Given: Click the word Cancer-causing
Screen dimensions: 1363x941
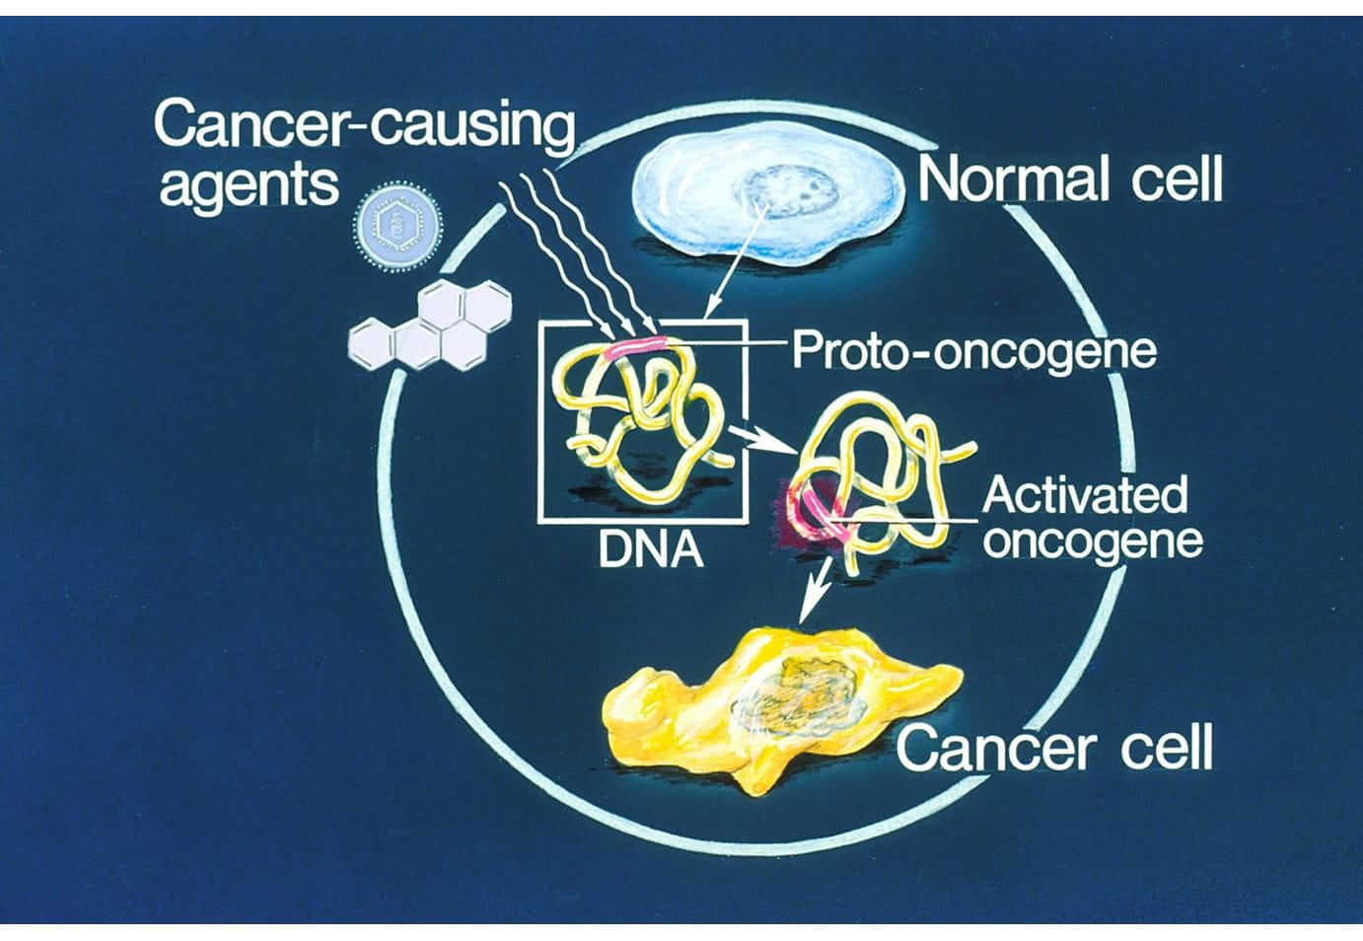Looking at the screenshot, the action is (x=365, y=128).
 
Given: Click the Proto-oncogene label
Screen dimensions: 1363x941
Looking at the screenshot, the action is (x=973, y=352).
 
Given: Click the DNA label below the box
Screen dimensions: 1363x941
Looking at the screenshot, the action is (x=651, y=550).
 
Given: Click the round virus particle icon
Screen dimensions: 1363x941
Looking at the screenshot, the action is (x=397, y=226).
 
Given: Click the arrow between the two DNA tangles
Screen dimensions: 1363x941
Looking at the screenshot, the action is (x=762, y=440).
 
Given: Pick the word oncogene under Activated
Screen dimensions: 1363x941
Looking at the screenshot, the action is (x=1093, y=542).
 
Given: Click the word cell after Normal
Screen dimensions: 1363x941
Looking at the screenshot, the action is (x=1177, y=179).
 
